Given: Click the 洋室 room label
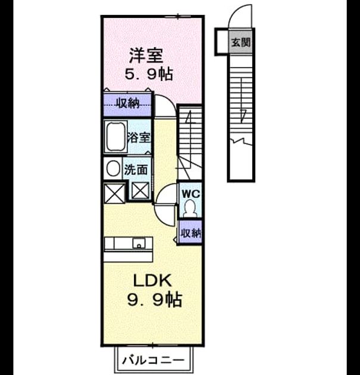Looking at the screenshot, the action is [x=146, y=55].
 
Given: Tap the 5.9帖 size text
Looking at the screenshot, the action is [x=149, y=74].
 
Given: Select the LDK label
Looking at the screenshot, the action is [x=152, y=280].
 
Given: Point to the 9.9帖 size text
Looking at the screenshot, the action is [x=155, y=299].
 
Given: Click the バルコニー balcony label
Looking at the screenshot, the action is [x=154, y=360].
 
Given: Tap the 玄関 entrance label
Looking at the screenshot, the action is [x=240, y=42].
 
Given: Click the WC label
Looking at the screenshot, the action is [x=190, y=193].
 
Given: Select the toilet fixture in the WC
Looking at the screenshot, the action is [x=190, y=208].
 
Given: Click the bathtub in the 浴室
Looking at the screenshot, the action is [x=116, y=136].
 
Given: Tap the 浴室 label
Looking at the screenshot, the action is [x=139, y=137].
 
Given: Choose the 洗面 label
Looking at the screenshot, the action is [x=136, y=170].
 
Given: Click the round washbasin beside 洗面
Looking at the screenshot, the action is [x=113, y=168].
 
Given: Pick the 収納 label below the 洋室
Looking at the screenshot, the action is [x=128, y=104].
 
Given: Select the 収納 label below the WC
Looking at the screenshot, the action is [x=191, y=233].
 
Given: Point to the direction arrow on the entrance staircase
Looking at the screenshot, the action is [x=242, y=101].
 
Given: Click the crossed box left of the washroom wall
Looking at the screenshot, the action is [x=114, y=193].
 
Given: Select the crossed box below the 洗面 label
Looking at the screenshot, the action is [x=140, y=190].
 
